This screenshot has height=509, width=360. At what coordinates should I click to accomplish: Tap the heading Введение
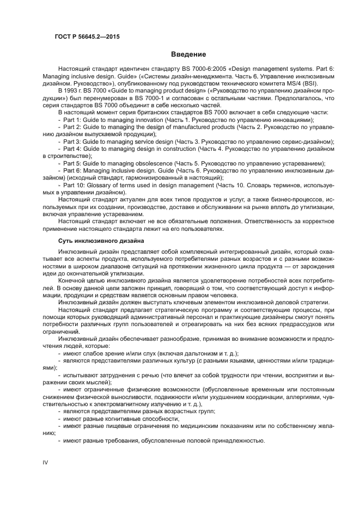[x=188, y=54]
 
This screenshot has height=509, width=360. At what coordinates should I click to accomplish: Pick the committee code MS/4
[x=295, y=84]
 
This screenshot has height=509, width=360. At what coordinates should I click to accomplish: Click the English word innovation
[x=147, y=120]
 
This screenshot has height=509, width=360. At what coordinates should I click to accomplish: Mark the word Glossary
[x=105, y=185]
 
